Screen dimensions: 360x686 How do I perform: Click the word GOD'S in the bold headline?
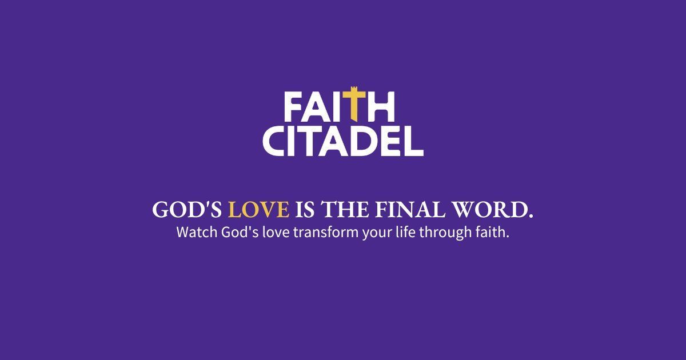tap(187, 210)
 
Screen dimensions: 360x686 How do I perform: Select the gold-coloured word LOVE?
tap(258, 210)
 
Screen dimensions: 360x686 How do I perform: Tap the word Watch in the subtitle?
tap(194, 233)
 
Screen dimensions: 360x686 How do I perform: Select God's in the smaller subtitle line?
tap(233, 233)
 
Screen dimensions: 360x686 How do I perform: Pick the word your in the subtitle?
tap(374, 234)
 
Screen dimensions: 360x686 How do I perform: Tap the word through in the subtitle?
tap(444, 234)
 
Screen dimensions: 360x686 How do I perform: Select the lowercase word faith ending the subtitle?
tap(492, 233)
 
